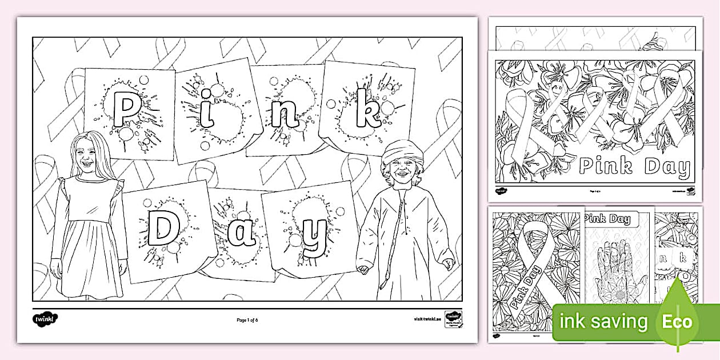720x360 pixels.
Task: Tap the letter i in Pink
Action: pyautogui.click(x=206, y=113)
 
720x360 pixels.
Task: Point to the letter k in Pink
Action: pyautogui.click(x=366, y=111)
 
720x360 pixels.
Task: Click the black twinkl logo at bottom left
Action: pyautogui.click(x=45, y=319)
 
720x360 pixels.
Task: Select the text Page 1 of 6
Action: pyautogui.click(x=247, y=319)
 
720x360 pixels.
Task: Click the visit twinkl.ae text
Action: pyautogui.click(x=426, y=319)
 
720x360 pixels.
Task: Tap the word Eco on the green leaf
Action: pyautogui.click(x=678, y=321)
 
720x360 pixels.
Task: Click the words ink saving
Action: pyautogui.click(x=604, y=322)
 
